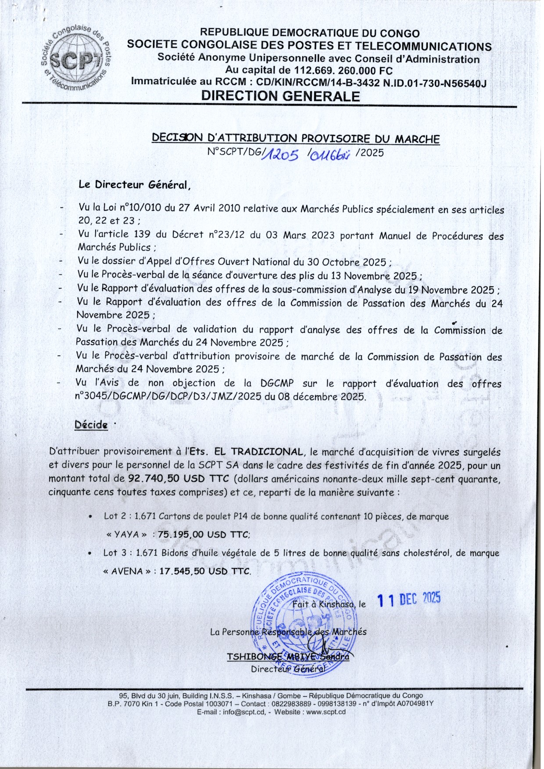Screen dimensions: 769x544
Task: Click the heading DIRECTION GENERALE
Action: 280,96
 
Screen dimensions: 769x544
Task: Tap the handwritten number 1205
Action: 283,154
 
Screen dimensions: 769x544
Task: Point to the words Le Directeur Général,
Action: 135,185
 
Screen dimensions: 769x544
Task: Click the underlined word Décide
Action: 91,425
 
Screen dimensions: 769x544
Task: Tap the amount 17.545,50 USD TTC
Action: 205,571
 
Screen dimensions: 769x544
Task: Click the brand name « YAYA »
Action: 127,534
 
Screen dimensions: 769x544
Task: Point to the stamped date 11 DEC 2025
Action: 409,599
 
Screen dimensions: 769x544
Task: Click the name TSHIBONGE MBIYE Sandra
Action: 288,657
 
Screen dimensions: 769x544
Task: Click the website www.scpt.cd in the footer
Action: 326,712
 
